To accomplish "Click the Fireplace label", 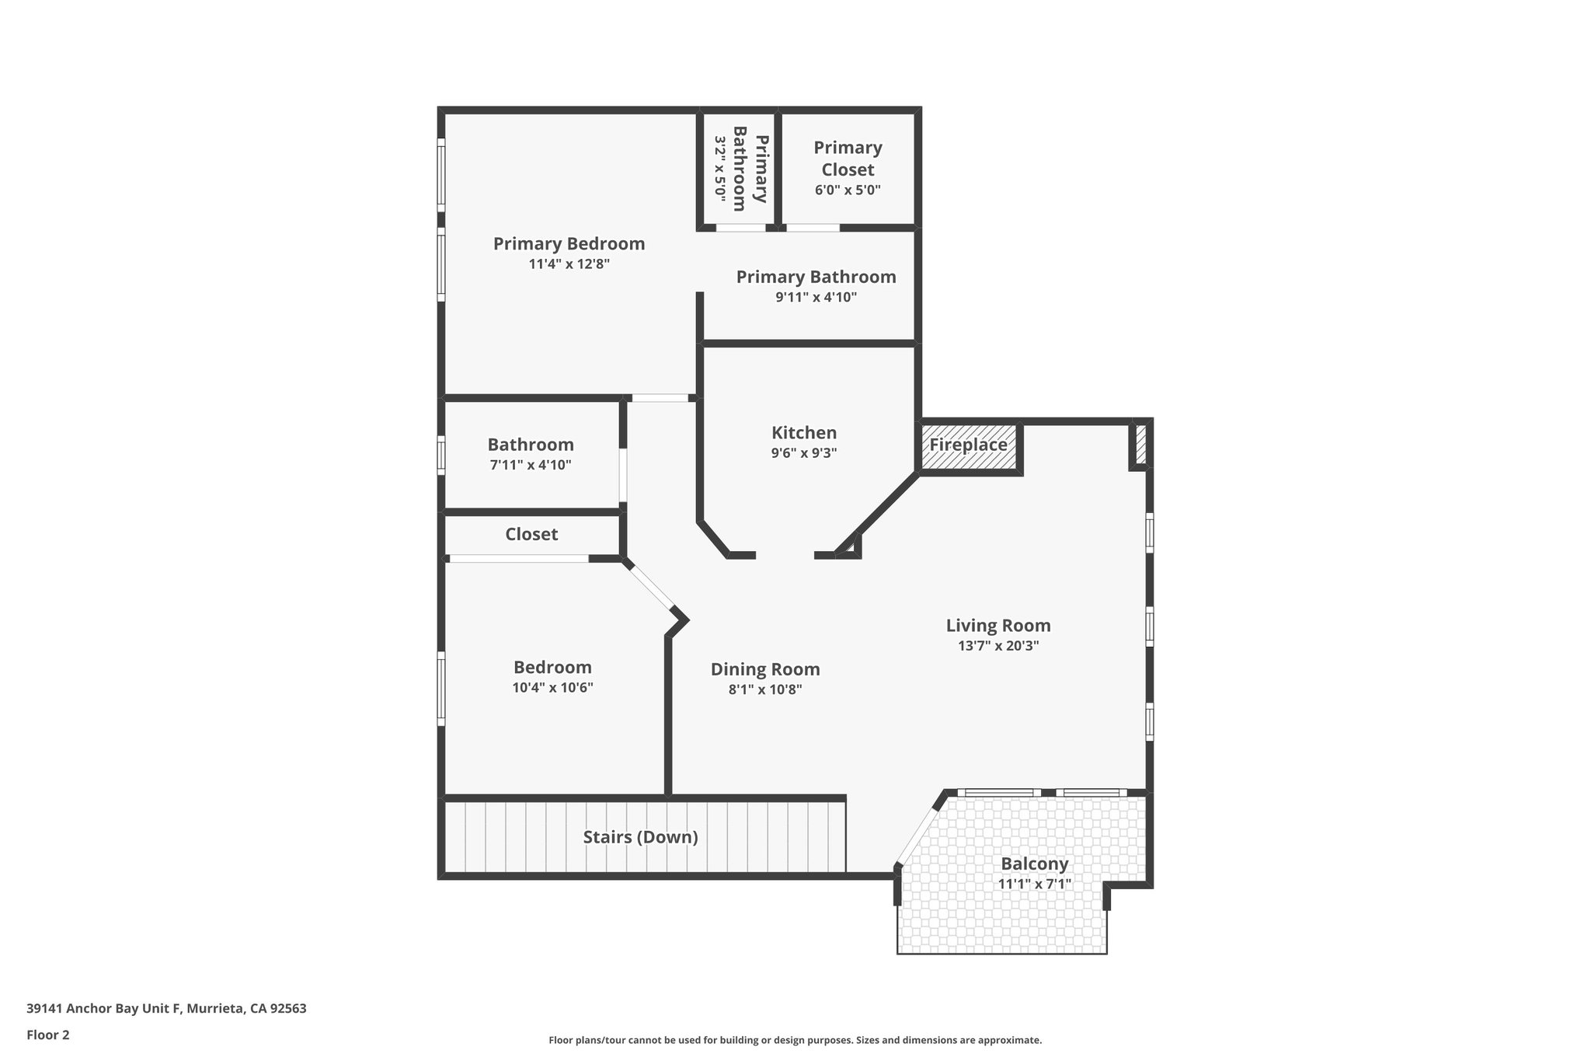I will pyautogui.click(x=968, y=445).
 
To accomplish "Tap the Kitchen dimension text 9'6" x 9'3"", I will pyautogui.click(x=803, y=453).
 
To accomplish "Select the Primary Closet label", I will pyautogui.click(x=848, y=159).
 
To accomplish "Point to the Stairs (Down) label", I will pyautogui.click(x=640, y=837).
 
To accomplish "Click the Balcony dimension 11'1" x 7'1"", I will pyautogui.click(x=1034, y=884).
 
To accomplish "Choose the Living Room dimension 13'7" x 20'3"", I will pyautogui.click(x=998, y=646).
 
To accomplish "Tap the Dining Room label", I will pyautogui.click(x=765, y=669).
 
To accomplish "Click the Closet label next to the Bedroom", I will pyautogui.click(x=531, y=534).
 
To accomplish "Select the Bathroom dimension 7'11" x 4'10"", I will pyautogui.click(x=531, y=466).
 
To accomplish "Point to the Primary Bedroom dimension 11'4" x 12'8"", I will pyautogui.click(x=569, y=264).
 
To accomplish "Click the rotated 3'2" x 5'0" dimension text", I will pyautogui.click(x=720, y=169).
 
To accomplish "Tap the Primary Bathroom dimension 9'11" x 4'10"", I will pyautogui.click(x=816, y=297).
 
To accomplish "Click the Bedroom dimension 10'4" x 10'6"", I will pyautogui.click(x=552, y=688).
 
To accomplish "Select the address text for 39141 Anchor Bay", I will pyautogui.click(x=166, y=1009).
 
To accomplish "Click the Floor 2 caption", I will pyautogui.click(x=48, y=1035).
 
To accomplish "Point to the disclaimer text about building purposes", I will pyautogui.click(x=795, y=1040).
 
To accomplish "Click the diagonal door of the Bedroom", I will pyautogui.click(x=652, y=587).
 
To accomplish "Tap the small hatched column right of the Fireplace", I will pyautogui.click(x=1140, y=443).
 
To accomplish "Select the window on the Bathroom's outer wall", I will pyautogui.click(x=441, y=455).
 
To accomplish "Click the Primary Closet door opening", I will pyautogui.click(x=813, y=228).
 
